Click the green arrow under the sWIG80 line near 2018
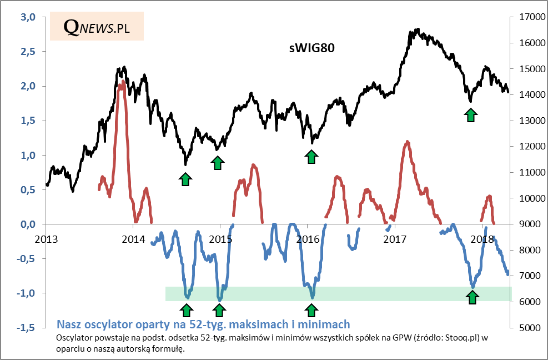pyautogui.click(x=471, y=115)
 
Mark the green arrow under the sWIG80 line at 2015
pyautogui.click(x=218, y=162)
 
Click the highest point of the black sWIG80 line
pyautogui.click(x=416, y=29)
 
